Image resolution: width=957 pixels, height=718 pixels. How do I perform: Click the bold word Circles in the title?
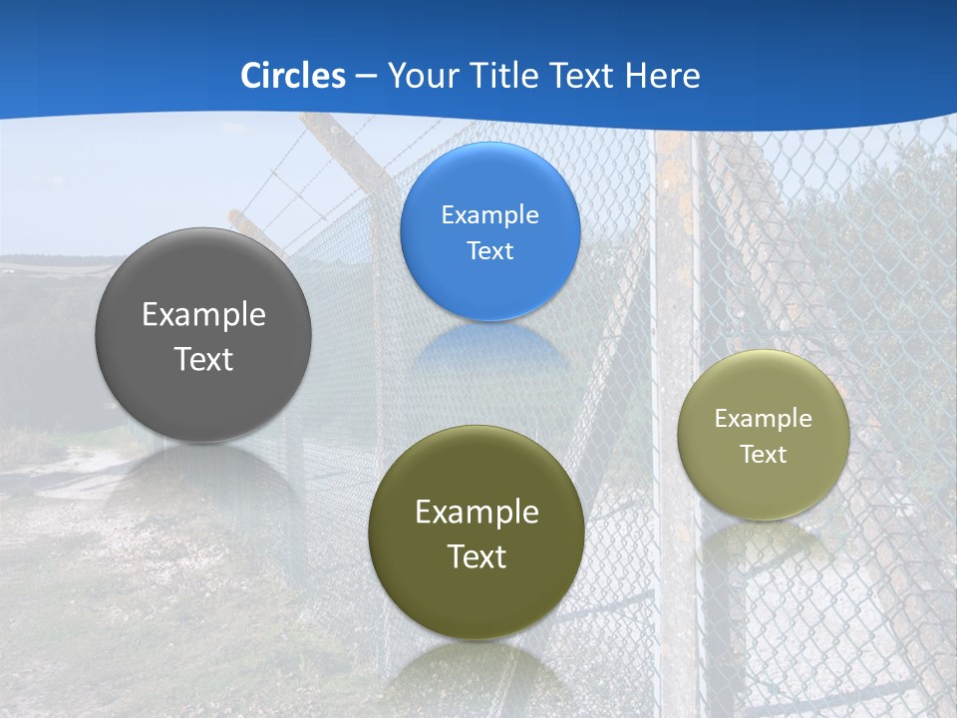pyautogui.click(x=293, y=76)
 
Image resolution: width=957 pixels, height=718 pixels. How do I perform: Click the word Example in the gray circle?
pyautogui.click(x=203, y=315)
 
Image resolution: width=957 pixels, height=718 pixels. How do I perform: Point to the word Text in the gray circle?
pyautogui.click(x=203, y=359)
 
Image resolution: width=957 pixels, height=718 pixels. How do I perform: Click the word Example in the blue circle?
pyautogui.click(x=489, y=215)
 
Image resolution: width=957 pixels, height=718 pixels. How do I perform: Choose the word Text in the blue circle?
pyautogui.click(x=489, y=251)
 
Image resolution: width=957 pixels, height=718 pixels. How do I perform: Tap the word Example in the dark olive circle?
pyautogui.click(x=477, y=513)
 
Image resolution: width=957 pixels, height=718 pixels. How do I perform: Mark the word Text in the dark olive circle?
pyautogui.click(x=477, y=556)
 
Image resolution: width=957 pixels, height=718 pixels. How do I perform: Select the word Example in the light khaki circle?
pyautogui.click(x=764, y=419)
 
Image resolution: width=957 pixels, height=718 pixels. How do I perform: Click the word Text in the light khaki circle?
pyautogui.click(x=764, y=455)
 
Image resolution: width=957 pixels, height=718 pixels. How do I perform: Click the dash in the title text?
pyautogui.click(x=366, y=77)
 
